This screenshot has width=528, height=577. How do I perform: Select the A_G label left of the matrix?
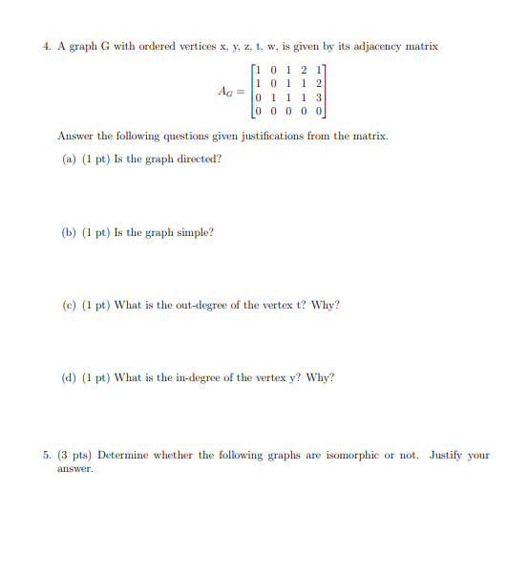pos(228,92)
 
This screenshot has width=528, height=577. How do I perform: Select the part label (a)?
pos(69,159)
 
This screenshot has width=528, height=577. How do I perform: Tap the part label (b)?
pos(69,232)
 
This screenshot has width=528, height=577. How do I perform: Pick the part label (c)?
pos(69,305)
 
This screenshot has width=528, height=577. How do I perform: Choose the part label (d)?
pos(69,377)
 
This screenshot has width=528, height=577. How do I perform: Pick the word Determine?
pos(122,455)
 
